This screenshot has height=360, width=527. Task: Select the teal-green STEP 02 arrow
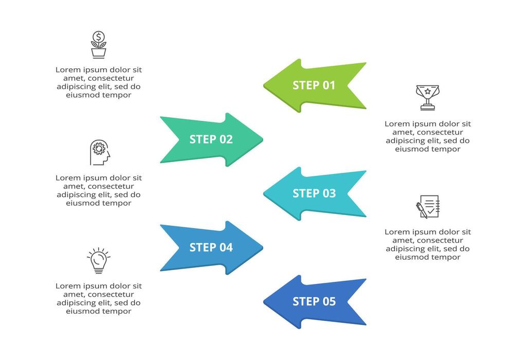coord(211,139)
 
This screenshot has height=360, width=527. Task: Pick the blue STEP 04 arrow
coord(211,247)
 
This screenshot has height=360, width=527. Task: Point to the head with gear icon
coord(100,153)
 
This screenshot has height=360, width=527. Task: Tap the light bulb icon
coord(98,260)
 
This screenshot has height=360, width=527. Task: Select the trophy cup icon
coord(428,97)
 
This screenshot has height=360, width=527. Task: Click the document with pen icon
coord(428,206)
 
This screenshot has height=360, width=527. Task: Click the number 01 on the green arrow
coord(329,85)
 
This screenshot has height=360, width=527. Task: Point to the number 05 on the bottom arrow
coord(329,301)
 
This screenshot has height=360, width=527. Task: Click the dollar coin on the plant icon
coord(98,37)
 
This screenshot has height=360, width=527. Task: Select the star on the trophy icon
coord(428,92)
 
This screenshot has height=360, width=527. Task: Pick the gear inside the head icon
coord(99,149)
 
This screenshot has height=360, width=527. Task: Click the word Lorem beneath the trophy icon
coord(398,124)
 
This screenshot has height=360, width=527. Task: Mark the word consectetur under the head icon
coord(111,186)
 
